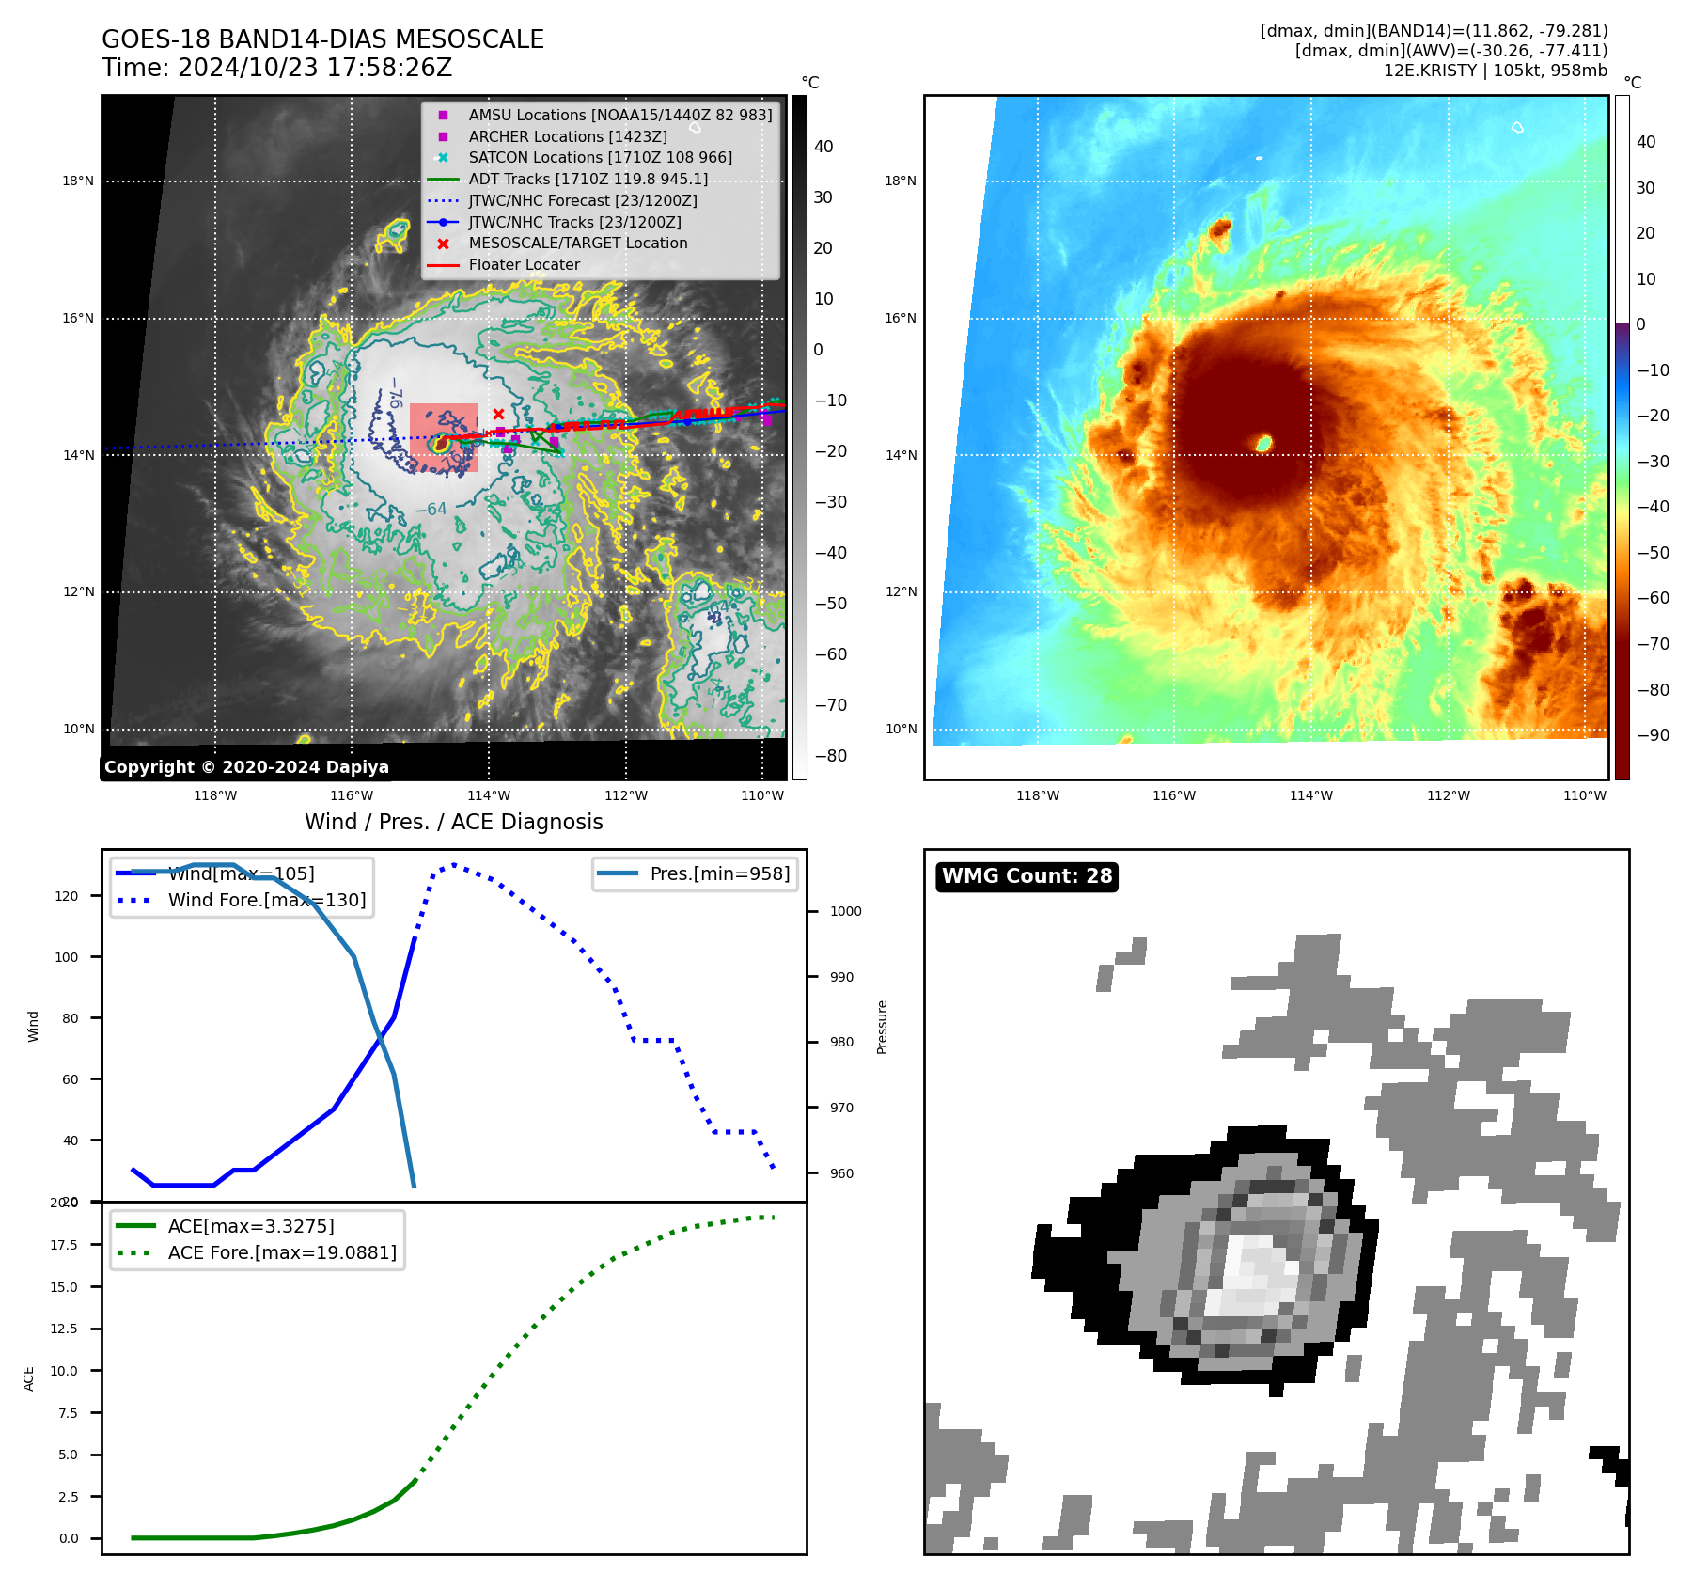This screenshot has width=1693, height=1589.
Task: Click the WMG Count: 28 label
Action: [x=1027, y=876]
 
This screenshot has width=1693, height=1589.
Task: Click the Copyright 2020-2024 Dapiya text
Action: [x=246, y=767]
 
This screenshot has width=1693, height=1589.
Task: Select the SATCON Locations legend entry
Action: [x=600, y=158]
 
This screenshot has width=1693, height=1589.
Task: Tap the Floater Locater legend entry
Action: [x=524, y=265]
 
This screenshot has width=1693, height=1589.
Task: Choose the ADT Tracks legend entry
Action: [x=588, y=180]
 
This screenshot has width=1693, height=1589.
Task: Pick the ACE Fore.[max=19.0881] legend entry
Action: [x=282, y=1252]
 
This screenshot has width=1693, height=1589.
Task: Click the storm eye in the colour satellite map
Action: [x=1264, y=443]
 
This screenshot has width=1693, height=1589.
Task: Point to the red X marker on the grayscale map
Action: [x=498, y=414]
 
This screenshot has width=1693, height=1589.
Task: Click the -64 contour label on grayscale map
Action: [x=431, y=510]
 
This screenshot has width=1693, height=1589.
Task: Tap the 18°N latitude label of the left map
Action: [x=78, y=181]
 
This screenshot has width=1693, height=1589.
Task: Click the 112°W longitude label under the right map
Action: [x=1448, y=795]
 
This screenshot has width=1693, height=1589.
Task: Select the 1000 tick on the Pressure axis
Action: [x=845, y=911]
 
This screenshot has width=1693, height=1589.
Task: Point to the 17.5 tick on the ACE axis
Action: [x=64, y=1245]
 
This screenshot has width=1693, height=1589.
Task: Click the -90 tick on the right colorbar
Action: [x=1653, y=735]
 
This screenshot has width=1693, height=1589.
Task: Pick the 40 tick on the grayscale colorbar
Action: [x=823, y=147]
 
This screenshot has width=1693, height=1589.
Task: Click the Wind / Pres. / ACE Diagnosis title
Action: [x=453, y=822]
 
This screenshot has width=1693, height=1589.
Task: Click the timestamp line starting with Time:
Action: [x=277, y=68]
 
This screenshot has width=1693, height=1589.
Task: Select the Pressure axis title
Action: [x=882, y=1027]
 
